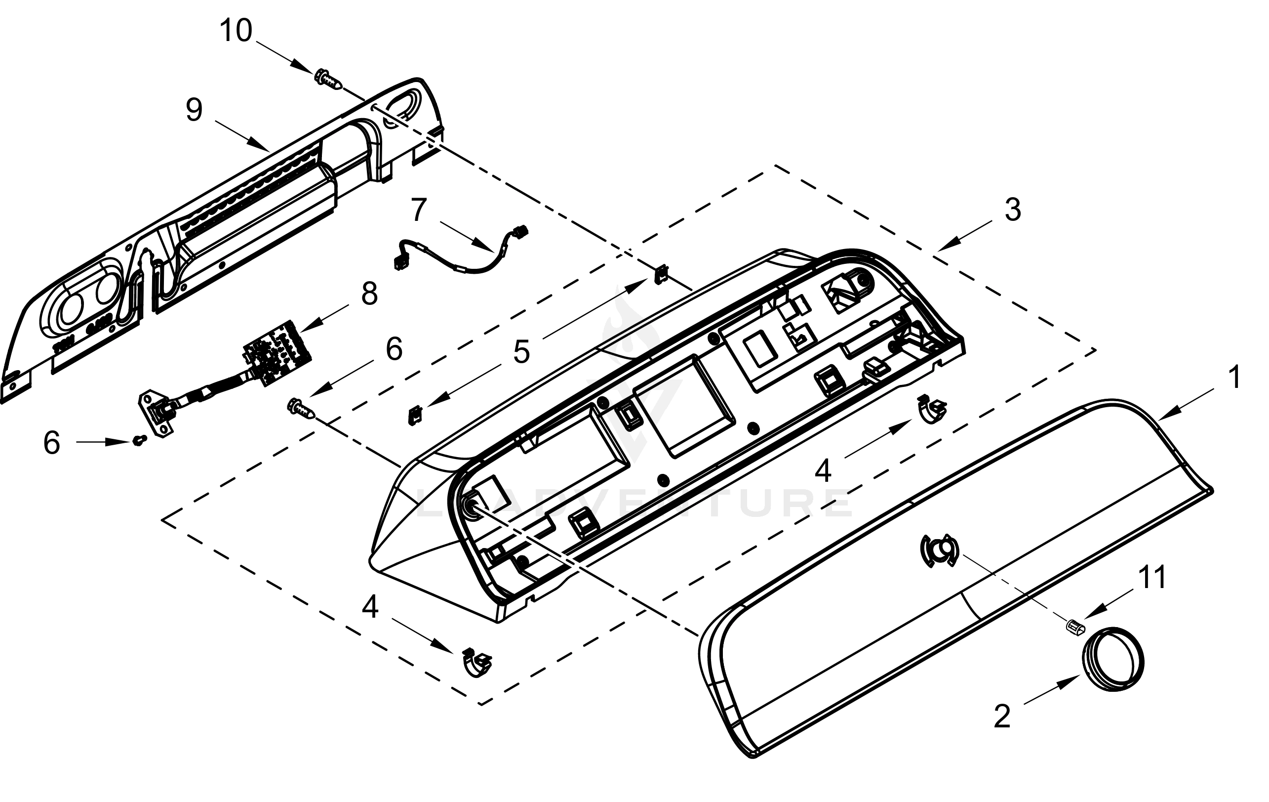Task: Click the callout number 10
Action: pyautogui.click(x=236, y=31)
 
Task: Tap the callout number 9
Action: pyautogui.click(x=194, y=111)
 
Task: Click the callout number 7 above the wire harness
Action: pyautogui.click(x=418, y=210)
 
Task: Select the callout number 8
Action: pyautogui.click(x=369, y=294)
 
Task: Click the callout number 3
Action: pyautogui.click(x=1012, y=210)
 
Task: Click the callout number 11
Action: pyautogui.click(x=1152, y=577)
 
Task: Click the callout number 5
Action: pyautogui.click(x=521, y=352)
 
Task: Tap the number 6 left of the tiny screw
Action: pyautogui.click(x=51, y=443)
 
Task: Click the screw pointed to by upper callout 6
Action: pyautogui.click(x=301, y=410)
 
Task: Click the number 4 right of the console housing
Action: pyautogui.click(x=823, y=470)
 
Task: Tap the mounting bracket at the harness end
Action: pyautogui.click(x=156, y=420)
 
